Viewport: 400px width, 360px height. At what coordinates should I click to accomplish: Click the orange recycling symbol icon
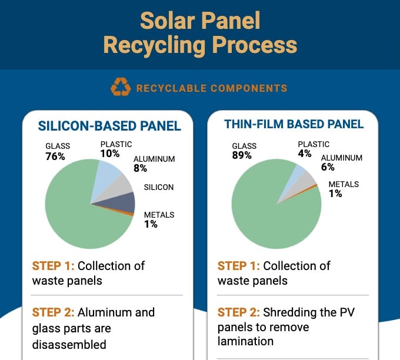tap(121, 88)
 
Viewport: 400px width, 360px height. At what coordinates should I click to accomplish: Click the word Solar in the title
tap(169, 21)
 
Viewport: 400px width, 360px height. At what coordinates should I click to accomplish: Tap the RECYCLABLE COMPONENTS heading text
tap(212, 89)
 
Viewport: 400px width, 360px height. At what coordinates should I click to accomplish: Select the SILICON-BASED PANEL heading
tap(109, 126)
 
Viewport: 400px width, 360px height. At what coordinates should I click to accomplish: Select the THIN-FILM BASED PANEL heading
tap(294, 124)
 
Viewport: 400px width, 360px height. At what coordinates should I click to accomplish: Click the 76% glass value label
tap(55, 157)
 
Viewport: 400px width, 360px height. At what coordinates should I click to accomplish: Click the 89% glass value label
tap(242, 155)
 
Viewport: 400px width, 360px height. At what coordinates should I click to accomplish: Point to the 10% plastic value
tap(109, 154)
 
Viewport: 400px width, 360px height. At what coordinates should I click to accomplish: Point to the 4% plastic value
tap(305, 154)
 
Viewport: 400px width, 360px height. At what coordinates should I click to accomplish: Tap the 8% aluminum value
tap(141, 168)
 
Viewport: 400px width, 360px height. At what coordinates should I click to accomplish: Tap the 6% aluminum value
tap(327, 167)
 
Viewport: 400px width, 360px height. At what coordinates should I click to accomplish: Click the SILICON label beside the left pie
tap(159, 188)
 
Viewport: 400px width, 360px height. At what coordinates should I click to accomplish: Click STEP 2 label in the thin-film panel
tap(238, 312)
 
